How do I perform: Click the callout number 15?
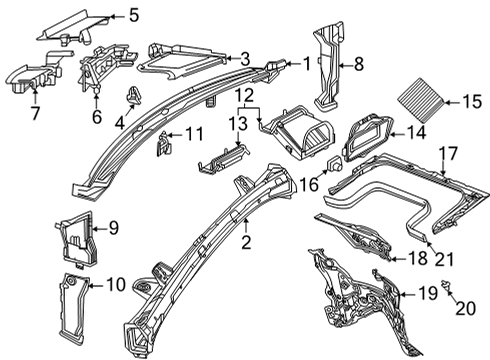(x=471, y=102)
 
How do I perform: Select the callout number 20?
(x=465, y=309)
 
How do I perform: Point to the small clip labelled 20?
(x=446, y=285)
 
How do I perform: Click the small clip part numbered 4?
(x=133, y=95)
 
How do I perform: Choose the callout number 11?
(x=194, y=134)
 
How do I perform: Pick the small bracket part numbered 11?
(x=164, y=143)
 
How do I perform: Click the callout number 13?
(x=238, y=123)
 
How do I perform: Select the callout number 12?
(x=245, y=95)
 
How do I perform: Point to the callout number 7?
(x=35, y=113)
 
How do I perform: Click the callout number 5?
(x=134, y=15)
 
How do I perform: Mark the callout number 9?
(x=113, y=228)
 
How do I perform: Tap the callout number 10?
(x=116, y=285)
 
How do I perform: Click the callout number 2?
(x=246, y=242)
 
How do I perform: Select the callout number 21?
(x=444, y=259)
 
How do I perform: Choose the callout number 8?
(x=359, y=64)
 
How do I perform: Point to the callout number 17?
(x=448, y=154)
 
